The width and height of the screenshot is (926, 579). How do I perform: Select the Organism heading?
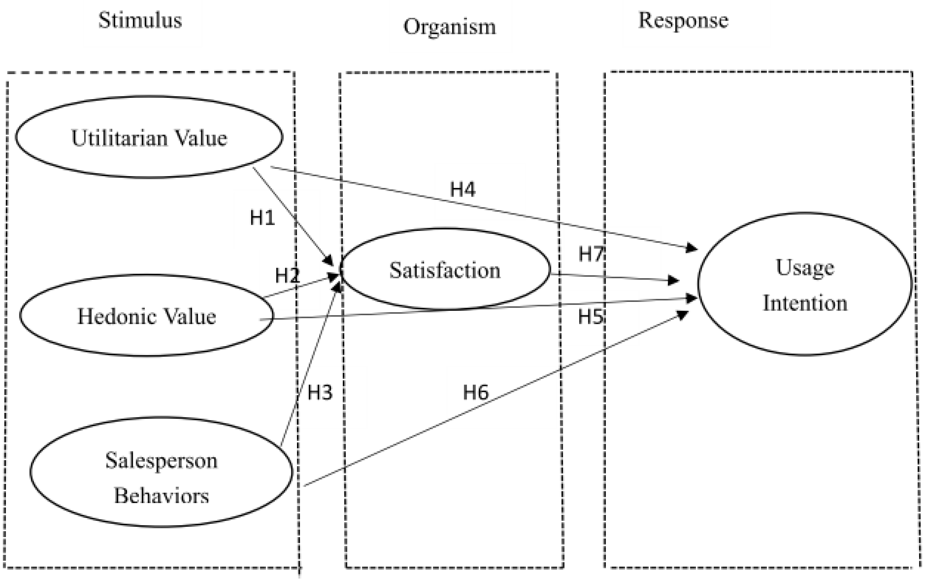point(450,27)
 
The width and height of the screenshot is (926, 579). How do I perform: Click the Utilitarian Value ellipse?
point(149,137)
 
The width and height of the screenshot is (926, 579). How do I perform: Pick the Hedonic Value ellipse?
point(147,316)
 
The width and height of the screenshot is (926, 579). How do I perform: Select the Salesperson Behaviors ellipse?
point(161,472)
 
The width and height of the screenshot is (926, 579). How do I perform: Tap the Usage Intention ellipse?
point(805,284)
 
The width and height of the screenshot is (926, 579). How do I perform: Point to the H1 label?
point(263,218)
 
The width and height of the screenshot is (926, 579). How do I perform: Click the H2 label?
point(287,275)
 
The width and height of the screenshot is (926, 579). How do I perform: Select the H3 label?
point(320,392)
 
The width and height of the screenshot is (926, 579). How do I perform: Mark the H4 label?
point(463,189)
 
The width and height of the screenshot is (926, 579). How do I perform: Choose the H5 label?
point(590,317)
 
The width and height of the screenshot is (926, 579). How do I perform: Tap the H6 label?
point(476,392)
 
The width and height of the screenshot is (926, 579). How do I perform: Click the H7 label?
point(591,254)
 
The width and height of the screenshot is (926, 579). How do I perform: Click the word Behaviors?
point(161,496)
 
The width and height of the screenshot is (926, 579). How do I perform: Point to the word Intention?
point(805,303)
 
